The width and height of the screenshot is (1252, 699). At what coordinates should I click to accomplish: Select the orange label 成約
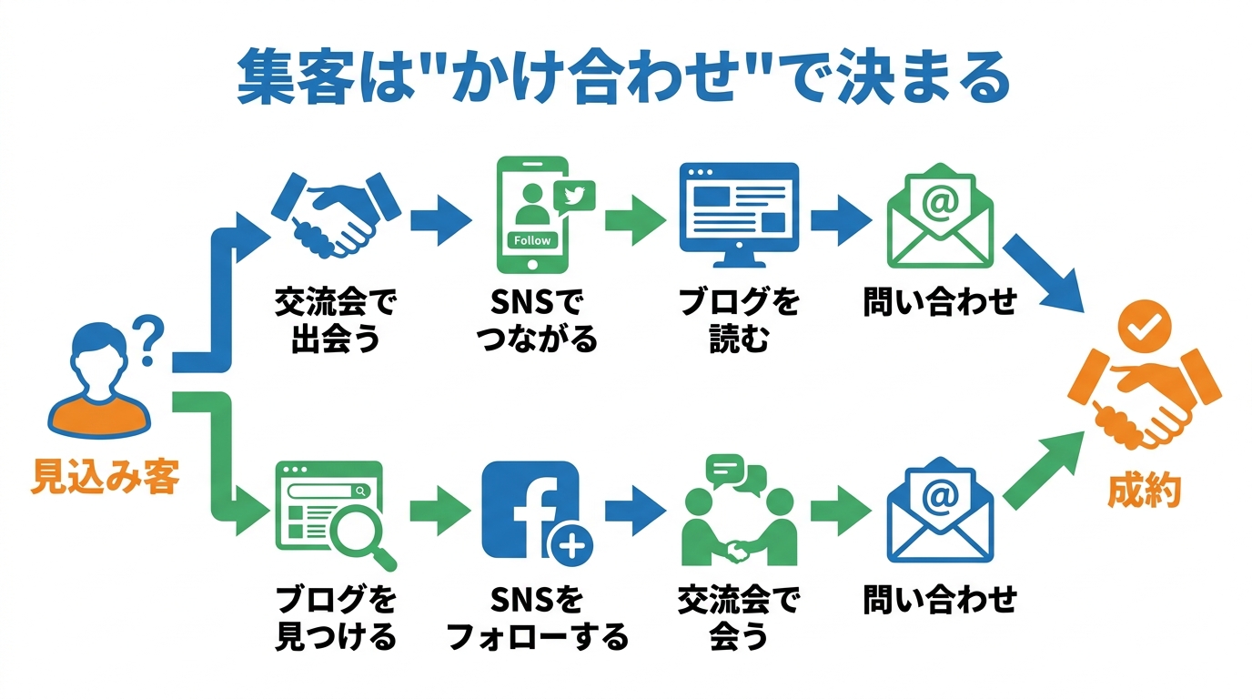1144,491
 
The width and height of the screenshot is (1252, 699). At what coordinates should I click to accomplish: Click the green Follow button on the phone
532,240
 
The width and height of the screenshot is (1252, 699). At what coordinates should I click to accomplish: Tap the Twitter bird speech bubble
572,196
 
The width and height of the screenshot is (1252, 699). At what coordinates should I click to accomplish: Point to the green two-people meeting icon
739,514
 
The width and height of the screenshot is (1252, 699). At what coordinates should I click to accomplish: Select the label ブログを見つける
336,618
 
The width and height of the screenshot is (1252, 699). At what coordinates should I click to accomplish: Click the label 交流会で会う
738,618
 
